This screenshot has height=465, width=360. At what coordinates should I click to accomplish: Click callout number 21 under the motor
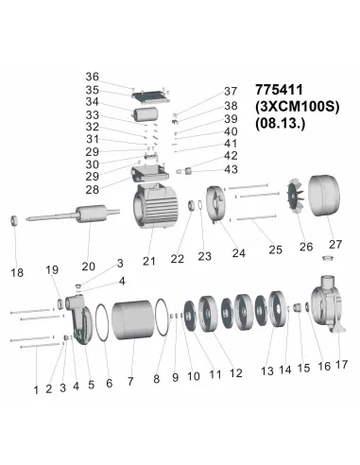pos(148,261)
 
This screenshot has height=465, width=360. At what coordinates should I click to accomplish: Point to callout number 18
pos(17,273)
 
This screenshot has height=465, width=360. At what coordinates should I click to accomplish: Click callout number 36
pos(118,77)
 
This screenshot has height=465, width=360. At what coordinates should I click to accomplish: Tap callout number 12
pos(236,373)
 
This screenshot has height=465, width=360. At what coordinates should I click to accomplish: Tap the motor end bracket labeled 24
pos(214,209)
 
